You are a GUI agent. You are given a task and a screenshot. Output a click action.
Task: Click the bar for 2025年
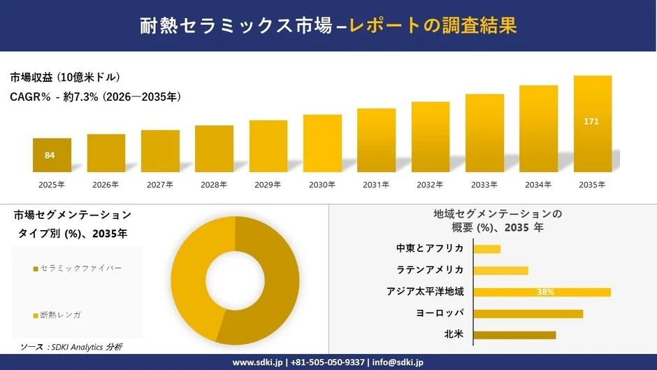click(x=52, y=155)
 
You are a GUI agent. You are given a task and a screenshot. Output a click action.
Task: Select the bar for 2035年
click(x=592, y=124)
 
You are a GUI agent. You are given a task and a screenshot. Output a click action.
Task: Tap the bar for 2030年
click(x=322, y=143)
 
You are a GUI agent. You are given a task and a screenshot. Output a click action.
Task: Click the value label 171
click(x=591, y=122)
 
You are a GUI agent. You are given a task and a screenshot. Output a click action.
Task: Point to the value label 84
click(x=50, y=155)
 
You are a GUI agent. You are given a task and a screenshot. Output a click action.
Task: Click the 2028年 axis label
click(x=214, y=185)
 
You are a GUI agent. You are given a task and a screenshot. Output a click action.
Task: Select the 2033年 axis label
click(x=484, y=185)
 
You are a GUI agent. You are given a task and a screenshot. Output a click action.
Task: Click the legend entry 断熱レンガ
click(x=59, y=315)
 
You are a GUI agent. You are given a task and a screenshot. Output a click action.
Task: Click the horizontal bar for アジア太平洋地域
click(x=542, y=292)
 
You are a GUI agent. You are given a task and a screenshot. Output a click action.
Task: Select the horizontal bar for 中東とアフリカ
click(x=486, y=249)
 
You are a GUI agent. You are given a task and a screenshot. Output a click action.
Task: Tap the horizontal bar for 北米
click(x=514, y=335)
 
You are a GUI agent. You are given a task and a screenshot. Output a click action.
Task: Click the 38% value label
click(x=546, y=292)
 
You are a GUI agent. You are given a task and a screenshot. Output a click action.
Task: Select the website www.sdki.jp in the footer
click(x=258, y=362)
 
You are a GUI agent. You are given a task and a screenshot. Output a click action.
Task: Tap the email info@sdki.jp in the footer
click(x=398, y=362)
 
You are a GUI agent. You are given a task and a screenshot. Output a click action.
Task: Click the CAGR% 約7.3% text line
click(x=96, y=97)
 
